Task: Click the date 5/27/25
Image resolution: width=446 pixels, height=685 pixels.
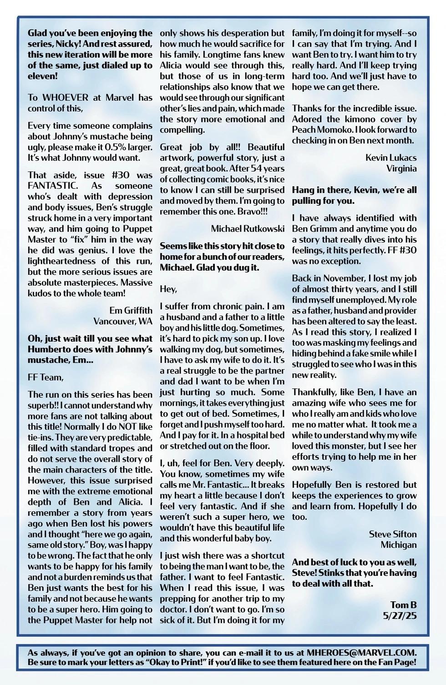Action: pyautogui.click(x=400, y=616)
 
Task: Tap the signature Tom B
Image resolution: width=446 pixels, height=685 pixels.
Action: pyautogui.click(x=403, y=605)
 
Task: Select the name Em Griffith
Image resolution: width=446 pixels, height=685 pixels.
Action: pyautogui.click(x=131, y=310)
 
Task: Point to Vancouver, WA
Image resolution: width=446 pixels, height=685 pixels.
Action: pyautogui.click(x=123, y=321)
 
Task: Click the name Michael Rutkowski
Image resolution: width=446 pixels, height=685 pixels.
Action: pyautogui.click(x=248, y=228)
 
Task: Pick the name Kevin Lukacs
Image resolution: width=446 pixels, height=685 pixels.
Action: pyautogui.click(x=390, y=157)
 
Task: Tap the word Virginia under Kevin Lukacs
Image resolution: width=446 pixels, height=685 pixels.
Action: pyautogui.click(x=401, y=168)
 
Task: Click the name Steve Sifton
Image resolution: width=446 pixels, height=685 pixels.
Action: pyautogui.click(x=392, y=534)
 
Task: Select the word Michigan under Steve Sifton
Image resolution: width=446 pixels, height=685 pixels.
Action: pyautogui.click(x=398, y=545)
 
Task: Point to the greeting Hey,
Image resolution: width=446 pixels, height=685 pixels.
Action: pyautogui.click(x=168, y=289)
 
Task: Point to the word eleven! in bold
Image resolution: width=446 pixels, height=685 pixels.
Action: pyautogui.click(x=43, y=76)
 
